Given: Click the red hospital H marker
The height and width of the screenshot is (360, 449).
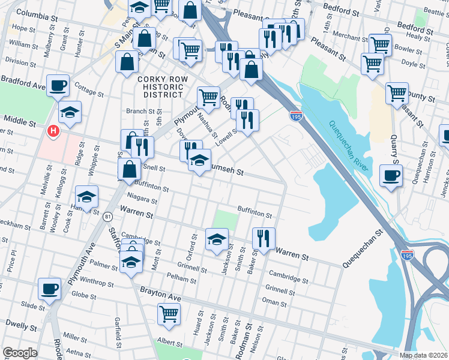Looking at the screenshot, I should point(53,130).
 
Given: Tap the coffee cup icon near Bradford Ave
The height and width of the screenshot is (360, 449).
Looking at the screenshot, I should point(58,86).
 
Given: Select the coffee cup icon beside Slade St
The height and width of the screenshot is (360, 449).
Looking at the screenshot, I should point(49,289).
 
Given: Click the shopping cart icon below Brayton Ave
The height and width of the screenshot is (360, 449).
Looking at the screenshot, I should point(169,313).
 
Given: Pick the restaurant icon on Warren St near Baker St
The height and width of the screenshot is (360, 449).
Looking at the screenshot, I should point(264,238).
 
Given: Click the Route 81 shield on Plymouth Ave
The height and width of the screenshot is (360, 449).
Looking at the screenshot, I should point(107,215).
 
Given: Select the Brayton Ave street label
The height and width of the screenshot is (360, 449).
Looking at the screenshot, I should point(160,290).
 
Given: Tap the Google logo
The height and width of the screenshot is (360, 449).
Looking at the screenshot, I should point(20,353).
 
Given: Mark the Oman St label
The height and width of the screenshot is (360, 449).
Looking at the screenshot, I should point(275,303).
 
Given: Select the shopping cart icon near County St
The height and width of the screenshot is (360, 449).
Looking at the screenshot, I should point(397,93).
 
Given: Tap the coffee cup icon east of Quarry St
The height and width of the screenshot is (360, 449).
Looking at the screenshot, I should point(391,176).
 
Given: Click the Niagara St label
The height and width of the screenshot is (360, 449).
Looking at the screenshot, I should point(142,201).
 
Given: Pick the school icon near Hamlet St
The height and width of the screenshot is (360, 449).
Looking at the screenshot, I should point(86,197).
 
